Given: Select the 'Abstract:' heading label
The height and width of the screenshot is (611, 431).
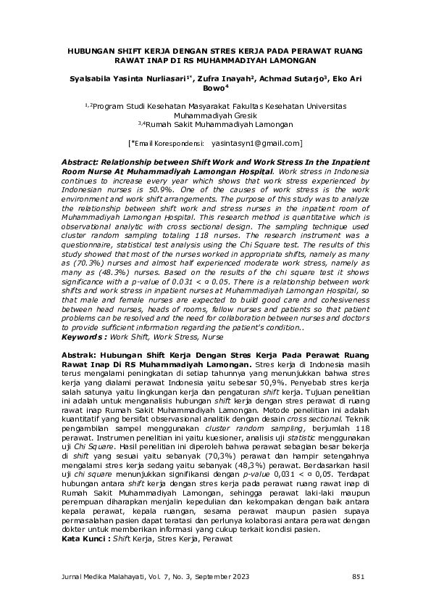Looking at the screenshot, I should (x=83, y=161).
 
